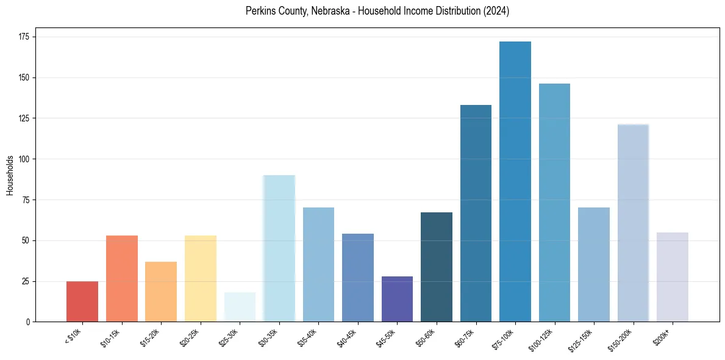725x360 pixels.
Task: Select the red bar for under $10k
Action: [x=82, y=301]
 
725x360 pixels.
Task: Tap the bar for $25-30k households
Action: [x=240, y=307]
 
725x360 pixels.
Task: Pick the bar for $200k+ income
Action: [x=673, y=277]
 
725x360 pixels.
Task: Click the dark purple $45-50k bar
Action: [x=397, y=299]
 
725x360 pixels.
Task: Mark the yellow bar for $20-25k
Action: [x=201, y=278]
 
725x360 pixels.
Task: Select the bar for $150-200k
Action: [x=633, y=223]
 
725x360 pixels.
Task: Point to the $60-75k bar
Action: [x=476, y=213]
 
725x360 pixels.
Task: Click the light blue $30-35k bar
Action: [x=279, y=248]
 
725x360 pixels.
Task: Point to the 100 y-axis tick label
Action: [x=25, y=159]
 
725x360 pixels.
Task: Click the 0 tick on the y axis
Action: [x=29, y=322]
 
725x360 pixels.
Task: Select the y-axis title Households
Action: [x=10, y=175]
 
